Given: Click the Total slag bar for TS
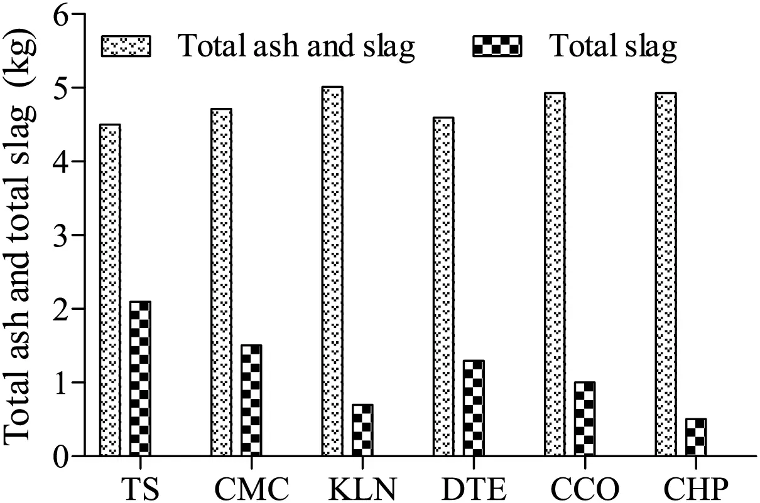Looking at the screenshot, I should [140, 378].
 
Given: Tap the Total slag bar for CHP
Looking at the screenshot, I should [695, 437].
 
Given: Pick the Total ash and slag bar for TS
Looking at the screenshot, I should [110, 290].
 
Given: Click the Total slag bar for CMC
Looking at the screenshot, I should [251, 400].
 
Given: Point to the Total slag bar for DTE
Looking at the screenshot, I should [474, 408].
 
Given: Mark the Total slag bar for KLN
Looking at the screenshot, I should [362, 430].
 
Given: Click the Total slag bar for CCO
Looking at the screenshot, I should [584, 418].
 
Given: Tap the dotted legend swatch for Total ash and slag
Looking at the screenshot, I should [126, 46].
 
